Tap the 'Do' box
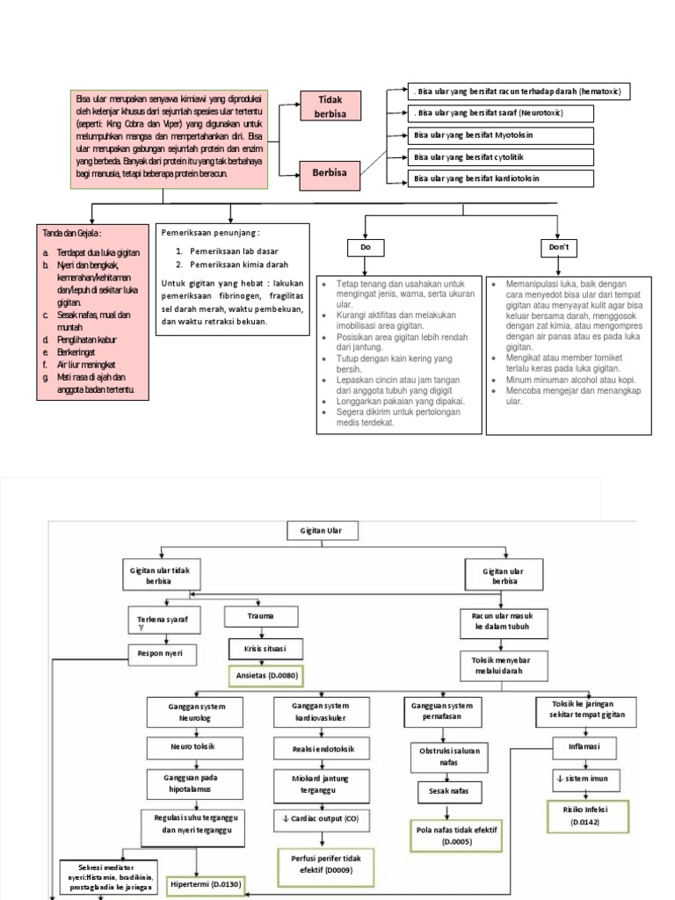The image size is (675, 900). [366, 249]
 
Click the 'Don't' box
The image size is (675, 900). [559, 249]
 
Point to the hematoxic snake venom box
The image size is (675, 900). [519, 91]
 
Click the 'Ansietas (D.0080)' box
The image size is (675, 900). [272, 676]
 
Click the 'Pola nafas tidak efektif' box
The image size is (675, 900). [456, 835]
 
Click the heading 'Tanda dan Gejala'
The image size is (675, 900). [72, 234]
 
